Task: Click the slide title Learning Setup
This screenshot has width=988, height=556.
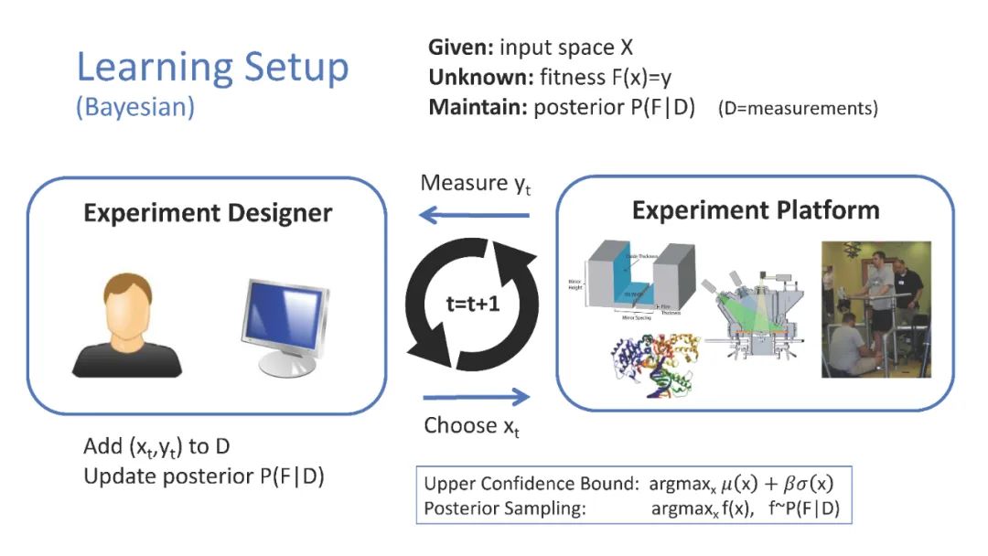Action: pos(212,69)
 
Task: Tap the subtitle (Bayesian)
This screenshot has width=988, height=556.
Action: pos(134,107)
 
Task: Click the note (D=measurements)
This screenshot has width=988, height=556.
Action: pos(798,109)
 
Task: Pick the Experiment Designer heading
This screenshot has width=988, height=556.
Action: pos(208,213)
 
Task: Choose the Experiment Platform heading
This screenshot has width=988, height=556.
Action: pos(756,210)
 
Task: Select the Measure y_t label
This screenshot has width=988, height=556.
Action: pos(475,184)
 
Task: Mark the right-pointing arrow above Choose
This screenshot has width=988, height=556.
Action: pos(476,396)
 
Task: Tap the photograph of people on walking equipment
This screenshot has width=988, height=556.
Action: pos(875,309)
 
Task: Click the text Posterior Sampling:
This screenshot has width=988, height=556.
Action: pos(506,508)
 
